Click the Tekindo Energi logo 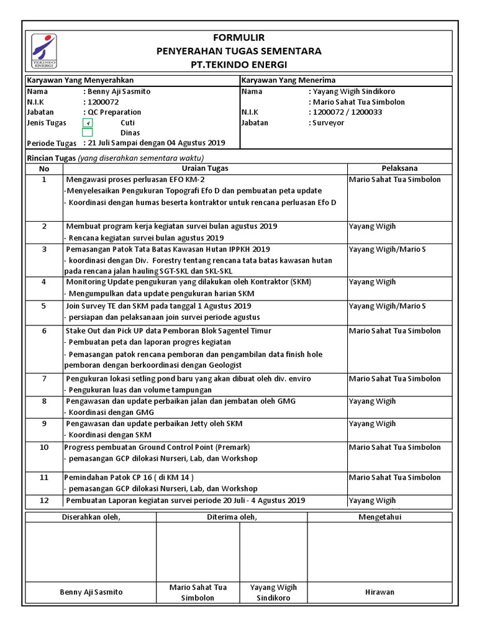tap(44, 50)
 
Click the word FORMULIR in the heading tap(238, 38)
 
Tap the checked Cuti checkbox tap(88, 123)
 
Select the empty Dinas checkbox tap(88, 132)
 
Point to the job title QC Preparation tap(112, 112)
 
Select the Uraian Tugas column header tap(205, 168)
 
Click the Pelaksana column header tap(399, 168)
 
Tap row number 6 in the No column tap(44, 331)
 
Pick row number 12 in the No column tap(44, 500)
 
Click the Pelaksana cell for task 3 tap(387, 249)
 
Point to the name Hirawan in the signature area tap(379, 592)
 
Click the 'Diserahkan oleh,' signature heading tap(91, 517)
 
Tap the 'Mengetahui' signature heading tap(379, 517)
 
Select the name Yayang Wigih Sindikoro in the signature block tap(273, 593)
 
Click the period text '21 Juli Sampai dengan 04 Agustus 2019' tap(154, 143)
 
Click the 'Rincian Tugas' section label tap(51, 158)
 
